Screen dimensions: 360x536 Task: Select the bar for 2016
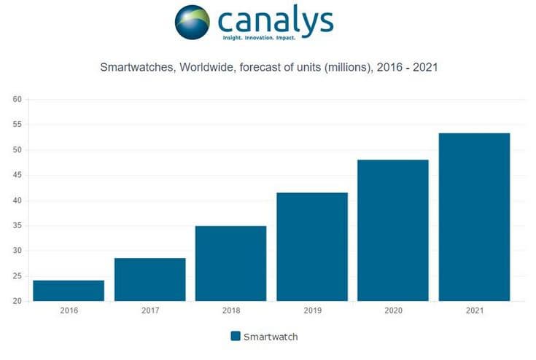(69, 291)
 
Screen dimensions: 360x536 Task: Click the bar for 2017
(149, 279)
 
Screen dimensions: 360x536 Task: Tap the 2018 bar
(230, 263)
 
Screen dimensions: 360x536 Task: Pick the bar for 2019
(311, 246)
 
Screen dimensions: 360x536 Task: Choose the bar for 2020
(392, 230)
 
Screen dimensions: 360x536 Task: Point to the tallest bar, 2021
(473, 216)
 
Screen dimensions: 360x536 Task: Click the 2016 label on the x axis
(69, 310)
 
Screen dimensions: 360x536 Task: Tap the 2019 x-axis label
(311, 310)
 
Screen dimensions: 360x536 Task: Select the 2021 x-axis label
(473, 310)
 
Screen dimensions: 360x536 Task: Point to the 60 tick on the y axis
(18, 100)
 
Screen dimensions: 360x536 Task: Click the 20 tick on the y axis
(18, 301)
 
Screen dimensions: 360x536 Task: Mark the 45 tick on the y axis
(18, 176)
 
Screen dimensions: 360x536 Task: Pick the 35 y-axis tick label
(18, 226)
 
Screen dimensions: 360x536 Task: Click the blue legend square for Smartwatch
(236, 336)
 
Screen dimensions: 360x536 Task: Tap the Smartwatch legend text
(271, 337)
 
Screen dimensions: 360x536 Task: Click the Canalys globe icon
(193, 23)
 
